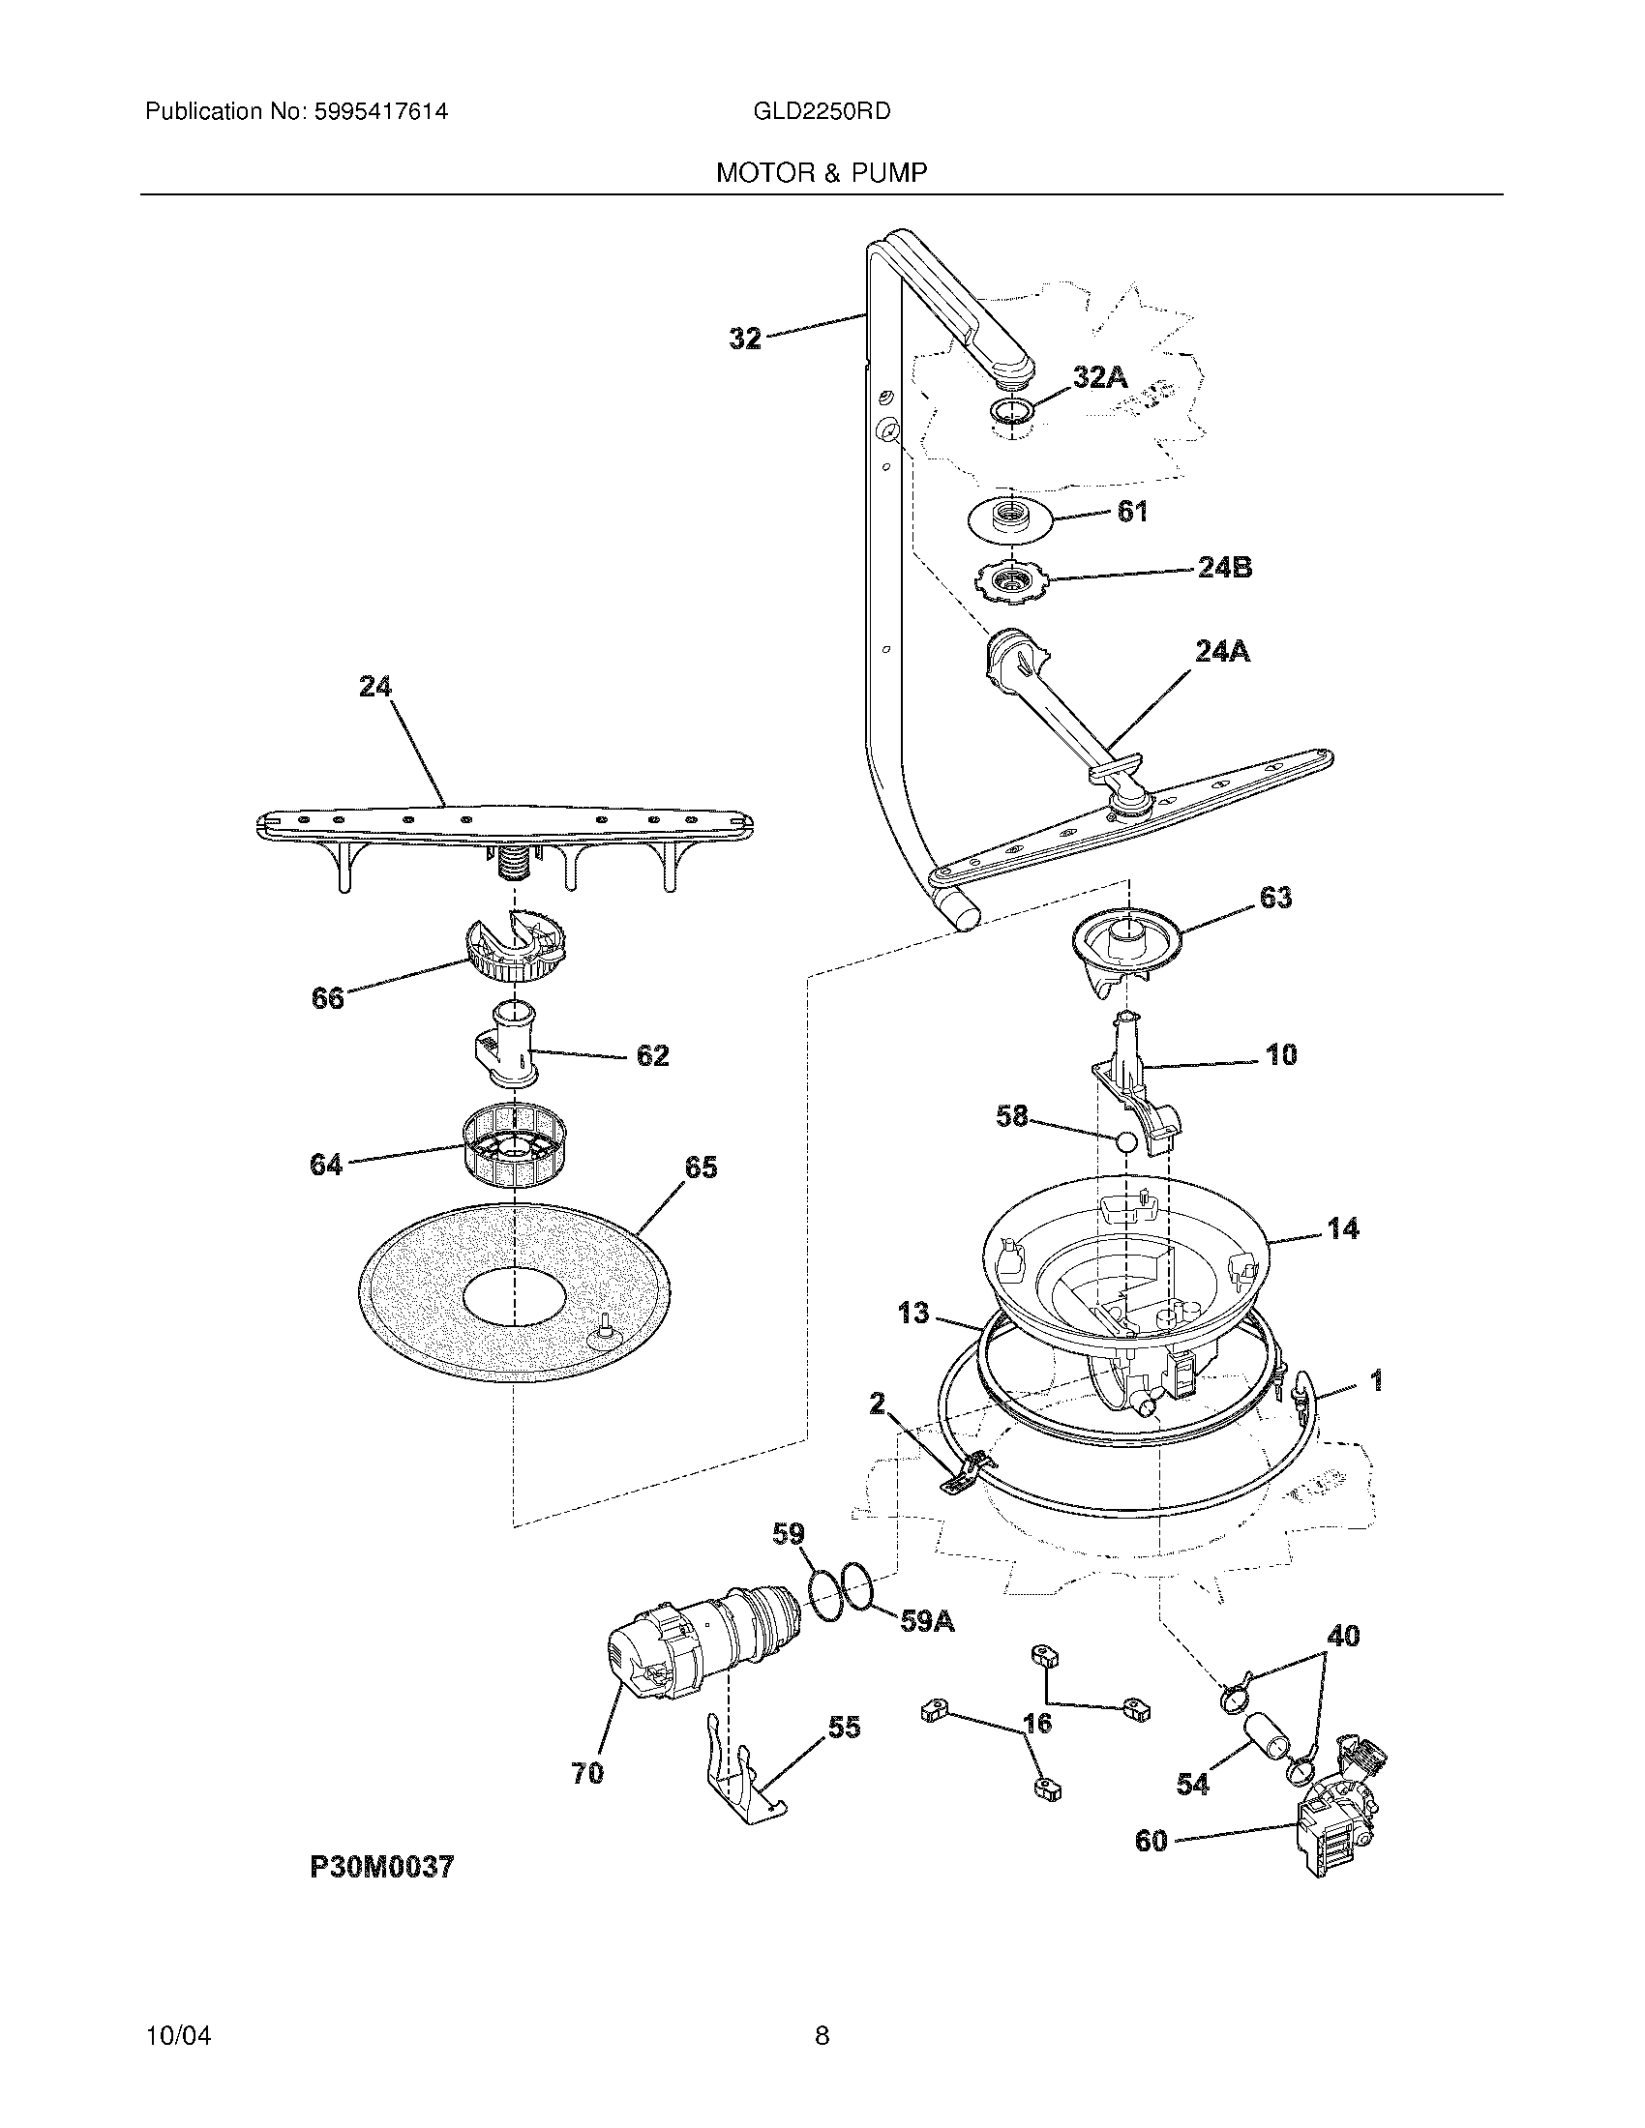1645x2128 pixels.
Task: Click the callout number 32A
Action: (x=1100, y=377)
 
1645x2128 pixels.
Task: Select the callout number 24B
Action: (x=1224, y=567)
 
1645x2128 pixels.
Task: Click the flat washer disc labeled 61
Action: (x=1013, y=517)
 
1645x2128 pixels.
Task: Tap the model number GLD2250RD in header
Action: (x=822, y=111)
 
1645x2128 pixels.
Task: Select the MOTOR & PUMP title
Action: (x=822, y=173)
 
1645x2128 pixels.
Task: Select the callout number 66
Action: (x=327, y=998)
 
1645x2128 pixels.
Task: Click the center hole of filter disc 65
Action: (x=514, y=1298)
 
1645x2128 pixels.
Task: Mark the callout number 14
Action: (x=1343, y=1229)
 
